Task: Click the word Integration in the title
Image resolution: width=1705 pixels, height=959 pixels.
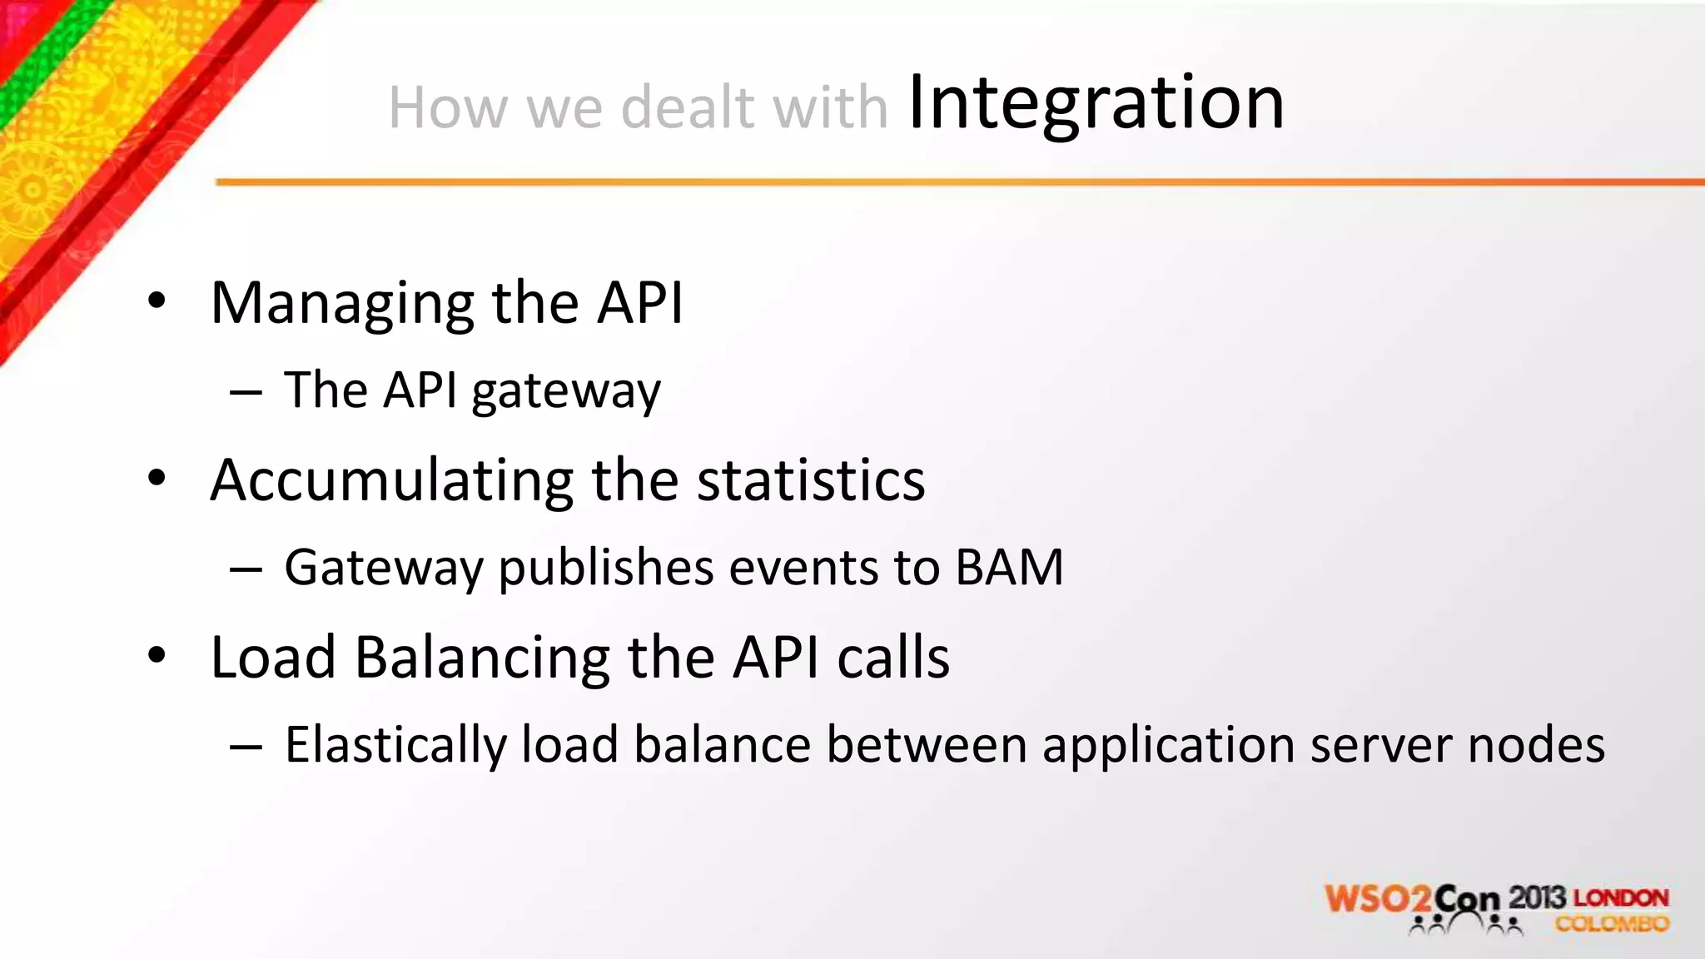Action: (x=1096, y=103)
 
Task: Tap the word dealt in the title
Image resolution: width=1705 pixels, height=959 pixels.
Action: (x=687, y=108)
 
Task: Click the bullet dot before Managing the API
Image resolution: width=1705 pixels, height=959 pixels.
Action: (x=157, y=301)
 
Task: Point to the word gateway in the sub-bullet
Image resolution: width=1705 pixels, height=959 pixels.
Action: (x=565, y=391)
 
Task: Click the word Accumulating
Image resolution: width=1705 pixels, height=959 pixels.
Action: (x=391, y=481)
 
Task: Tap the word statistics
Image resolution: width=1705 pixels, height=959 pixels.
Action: (x=810, y=481)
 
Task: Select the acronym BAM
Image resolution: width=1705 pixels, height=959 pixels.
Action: (x=1009, y=568)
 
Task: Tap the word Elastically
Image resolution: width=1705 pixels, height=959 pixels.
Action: (x=395, y=745)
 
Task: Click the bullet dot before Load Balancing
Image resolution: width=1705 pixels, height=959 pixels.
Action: (x=157, y=656)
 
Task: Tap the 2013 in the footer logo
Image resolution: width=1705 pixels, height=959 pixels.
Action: (x=1537, y=897)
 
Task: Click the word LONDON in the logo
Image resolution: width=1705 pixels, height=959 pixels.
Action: (x=1621, y=898)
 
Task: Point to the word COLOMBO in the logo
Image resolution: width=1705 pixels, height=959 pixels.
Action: (x=1612, y=924)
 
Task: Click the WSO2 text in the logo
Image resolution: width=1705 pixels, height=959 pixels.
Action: (x=1378, y=900)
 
